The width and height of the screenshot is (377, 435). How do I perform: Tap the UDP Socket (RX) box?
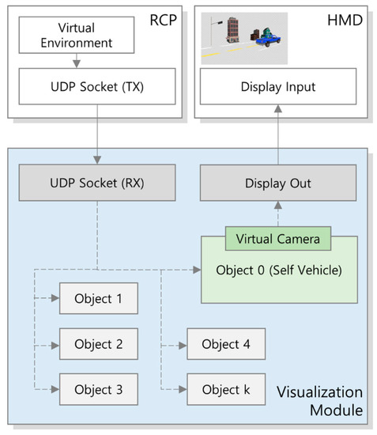point(96,183)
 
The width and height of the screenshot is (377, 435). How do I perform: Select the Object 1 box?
point(98,299)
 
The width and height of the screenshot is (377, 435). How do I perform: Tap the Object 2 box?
point(98,344)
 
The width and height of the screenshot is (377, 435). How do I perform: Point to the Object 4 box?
point(224,344)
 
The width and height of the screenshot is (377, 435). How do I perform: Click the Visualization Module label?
point(319,401)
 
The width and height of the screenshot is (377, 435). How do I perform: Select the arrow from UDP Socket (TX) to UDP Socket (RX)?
point(96,134)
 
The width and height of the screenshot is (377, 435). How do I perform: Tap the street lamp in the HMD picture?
point(212,32)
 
